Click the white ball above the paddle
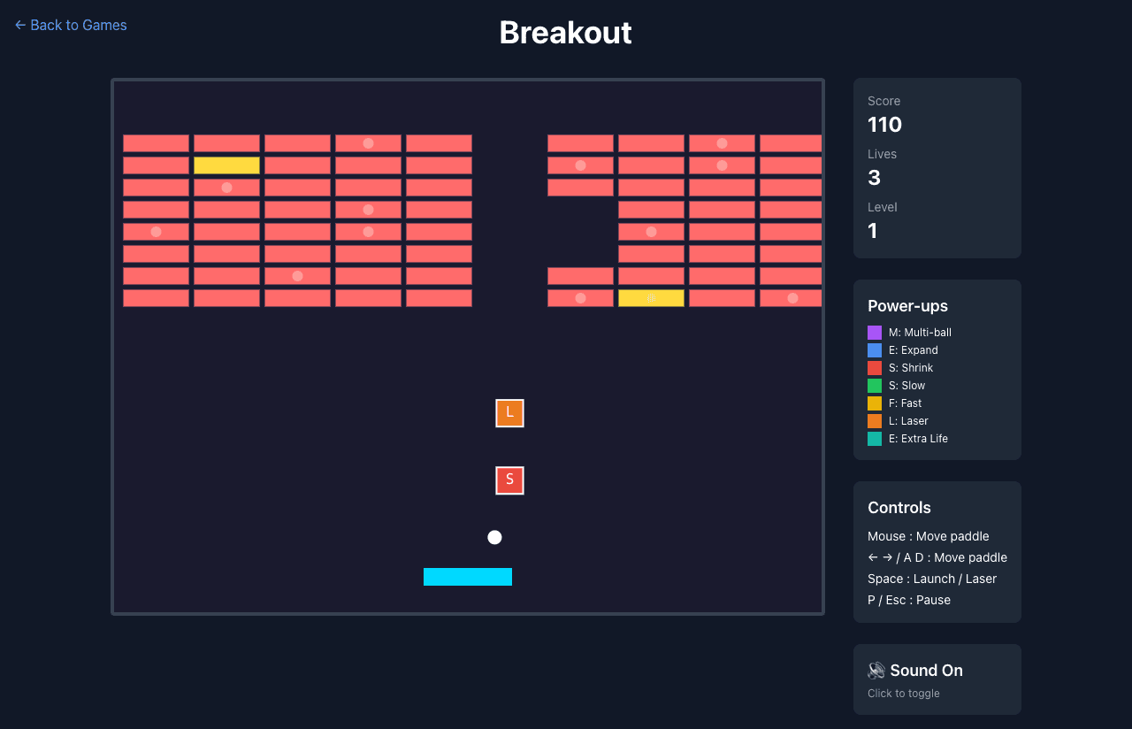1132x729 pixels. [x=494, y=537]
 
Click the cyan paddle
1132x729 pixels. [x=468, y=577]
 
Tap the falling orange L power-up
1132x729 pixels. [x=509, y=413]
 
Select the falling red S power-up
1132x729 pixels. [x=509, y=480]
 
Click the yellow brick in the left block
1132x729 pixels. [x=226, y=165]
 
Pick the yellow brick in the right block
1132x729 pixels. [x=651, y=298]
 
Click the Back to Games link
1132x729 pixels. [x=71, y=25]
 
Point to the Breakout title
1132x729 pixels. [x=565, y=33]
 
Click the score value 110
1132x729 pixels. [x=884, y=125]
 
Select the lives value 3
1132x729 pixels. [x=874, y=178]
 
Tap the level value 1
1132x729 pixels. [x=873, y=231]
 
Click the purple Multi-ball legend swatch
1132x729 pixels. [x=875, y=333]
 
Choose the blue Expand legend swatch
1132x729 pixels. [x=875, y=350]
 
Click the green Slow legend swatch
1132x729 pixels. [x=875, y=386]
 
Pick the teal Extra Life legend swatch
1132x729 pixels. [x=875, y=439]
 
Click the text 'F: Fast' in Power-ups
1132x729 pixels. [x=905, y=403]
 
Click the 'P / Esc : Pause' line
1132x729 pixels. [x=909, y=600]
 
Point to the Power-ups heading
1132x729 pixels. [x=907, y=306]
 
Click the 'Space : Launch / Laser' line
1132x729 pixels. [x=932, y=579]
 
